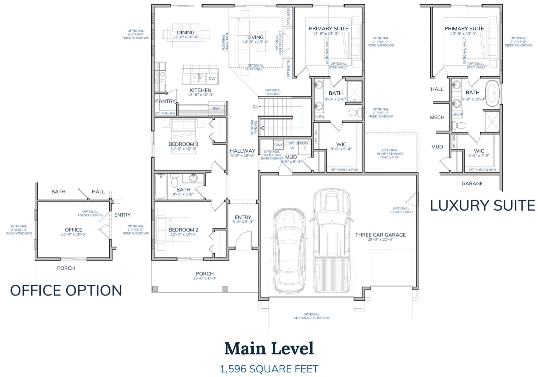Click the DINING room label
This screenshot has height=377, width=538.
coord(185,33)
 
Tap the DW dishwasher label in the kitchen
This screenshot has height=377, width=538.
coord(212,79)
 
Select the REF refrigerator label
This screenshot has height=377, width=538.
coord(216,108)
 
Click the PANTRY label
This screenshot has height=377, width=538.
coord(165,101)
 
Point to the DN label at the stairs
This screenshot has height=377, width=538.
coord(255,107)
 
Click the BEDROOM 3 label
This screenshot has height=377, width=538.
coord(183,144)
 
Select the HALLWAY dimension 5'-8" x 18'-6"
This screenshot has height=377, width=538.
coord(242,156)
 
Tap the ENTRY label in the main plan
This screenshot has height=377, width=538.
coord(243,217)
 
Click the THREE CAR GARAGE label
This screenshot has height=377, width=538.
coord(380,235)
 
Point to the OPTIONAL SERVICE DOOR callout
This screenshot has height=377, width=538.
coord(401,210)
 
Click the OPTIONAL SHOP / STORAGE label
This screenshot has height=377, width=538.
coord(390,154)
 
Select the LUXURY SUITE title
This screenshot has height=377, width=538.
coord(482,206)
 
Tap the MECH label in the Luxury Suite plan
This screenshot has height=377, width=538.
coord(437,117)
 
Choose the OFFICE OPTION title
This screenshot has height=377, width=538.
coord(66,290)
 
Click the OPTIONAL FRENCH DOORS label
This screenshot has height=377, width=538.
coord(90,213)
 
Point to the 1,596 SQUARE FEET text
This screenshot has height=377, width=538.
coord(269,369)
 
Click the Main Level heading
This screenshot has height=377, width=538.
coord(269,348)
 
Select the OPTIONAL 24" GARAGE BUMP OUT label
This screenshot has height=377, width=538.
coord(311,316)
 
